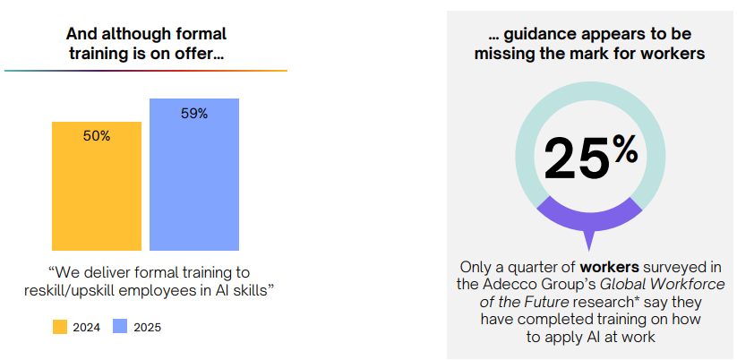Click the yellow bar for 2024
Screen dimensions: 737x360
97,186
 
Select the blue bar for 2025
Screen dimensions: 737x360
194,175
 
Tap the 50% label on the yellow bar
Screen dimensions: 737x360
97,136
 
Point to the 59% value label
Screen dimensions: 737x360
194,114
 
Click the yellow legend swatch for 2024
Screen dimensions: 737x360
60,327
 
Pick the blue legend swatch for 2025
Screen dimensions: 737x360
120,327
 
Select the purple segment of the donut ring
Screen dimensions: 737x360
589,214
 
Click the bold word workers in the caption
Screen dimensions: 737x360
610,267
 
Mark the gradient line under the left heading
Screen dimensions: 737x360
146,71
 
